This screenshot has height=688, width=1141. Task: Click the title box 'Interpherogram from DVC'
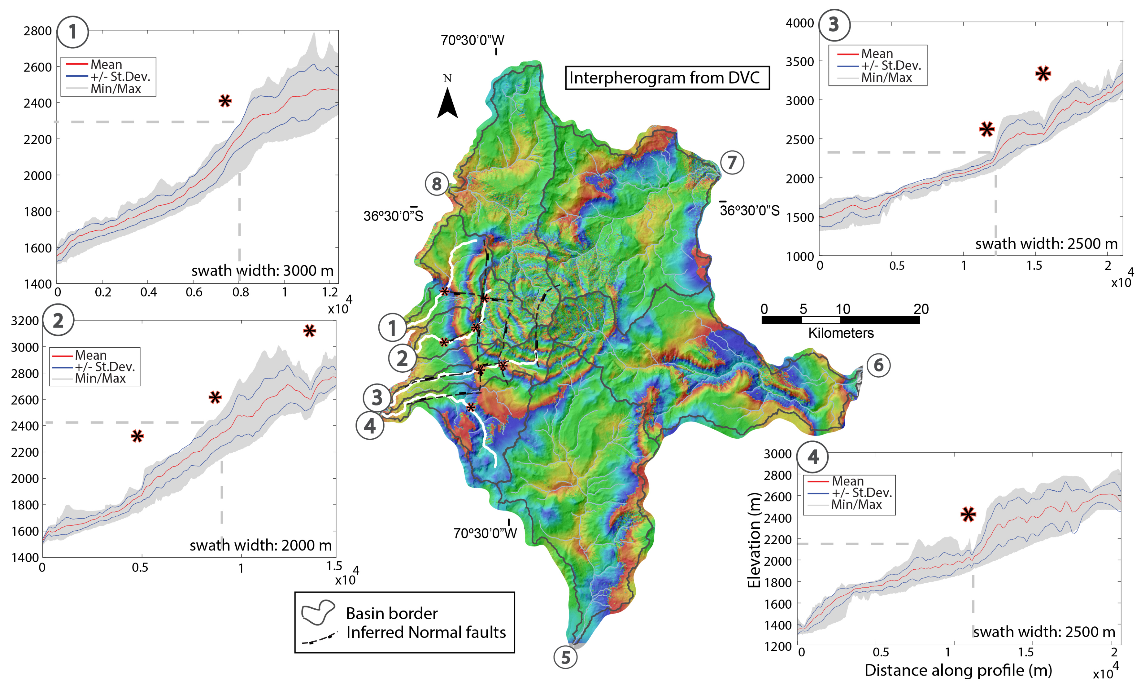pyautogui.click(x=667, y=78)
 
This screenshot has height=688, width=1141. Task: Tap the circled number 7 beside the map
pyautogui.click(x=732, y=163)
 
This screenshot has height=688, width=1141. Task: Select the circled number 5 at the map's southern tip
pyautogui.click(x=565, y=657)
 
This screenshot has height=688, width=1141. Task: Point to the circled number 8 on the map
pyautogui.click(x=437, y=184)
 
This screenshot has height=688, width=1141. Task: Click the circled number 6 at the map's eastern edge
pyautogui.click(x=878, y=366)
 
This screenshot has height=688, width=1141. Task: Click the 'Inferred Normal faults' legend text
pyautogui.click(x=426, y=633)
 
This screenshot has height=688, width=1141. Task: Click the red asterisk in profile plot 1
pyautogui.click(x=225, y=101)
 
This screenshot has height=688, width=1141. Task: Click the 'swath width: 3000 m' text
pyautogui.click(x=262, y=270)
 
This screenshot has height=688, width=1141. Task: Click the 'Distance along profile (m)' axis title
pyautogui.click(x=958, y=670)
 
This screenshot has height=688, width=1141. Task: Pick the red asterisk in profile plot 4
pyautogui.click(x=968, y=514)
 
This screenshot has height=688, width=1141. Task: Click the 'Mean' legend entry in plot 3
pyautogui.click(x=877, y=54)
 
